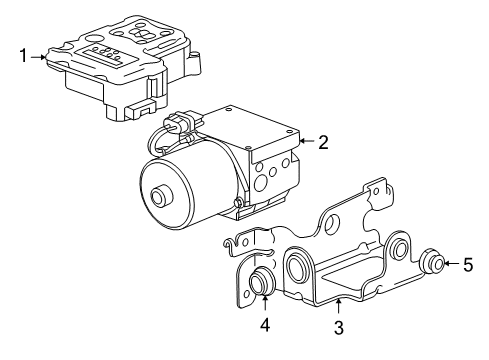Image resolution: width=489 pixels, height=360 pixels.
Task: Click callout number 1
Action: coord(23,55)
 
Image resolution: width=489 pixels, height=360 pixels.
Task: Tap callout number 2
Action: coord(323,142)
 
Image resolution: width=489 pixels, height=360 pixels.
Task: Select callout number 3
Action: coord(339,327)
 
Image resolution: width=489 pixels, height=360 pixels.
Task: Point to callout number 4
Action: coord(265,324)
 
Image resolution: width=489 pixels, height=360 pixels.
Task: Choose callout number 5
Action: coord(468,265)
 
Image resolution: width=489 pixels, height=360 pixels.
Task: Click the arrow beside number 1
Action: coord(38,57)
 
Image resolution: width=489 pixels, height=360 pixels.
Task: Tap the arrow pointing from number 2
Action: coord(307,141)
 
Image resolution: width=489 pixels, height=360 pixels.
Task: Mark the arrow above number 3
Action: coord(339,307)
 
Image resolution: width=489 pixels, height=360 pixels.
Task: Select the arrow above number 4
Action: coord(265,304)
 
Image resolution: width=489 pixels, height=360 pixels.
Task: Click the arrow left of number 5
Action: coord(452,263)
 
